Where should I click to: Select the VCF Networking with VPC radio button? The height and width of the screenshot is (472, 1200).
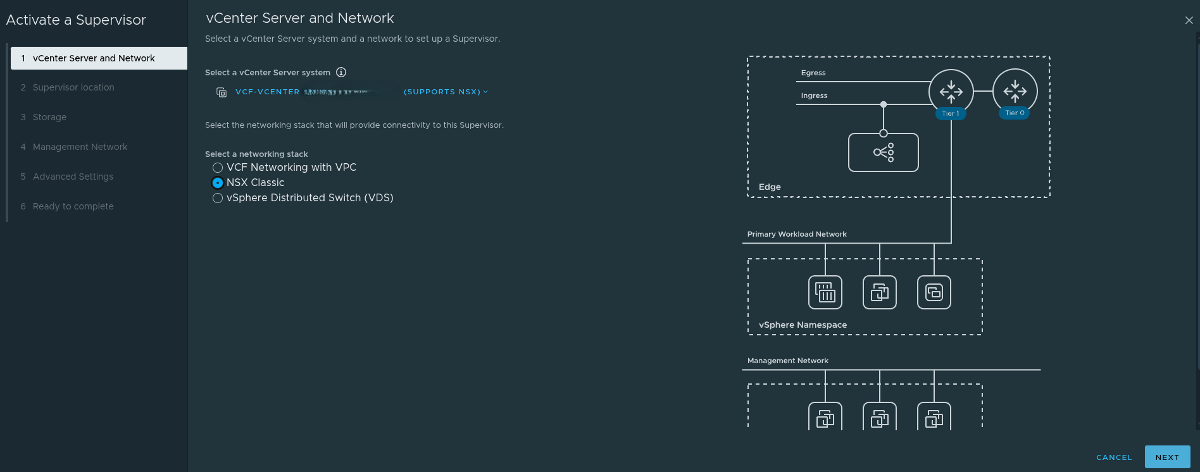tap(218, 168)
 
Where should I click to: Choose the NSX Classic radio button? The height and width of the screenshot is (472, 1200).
tap(218, 183)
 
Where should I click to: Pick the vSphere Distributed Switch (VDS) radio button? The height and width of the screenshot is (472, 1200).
tap(218, 198)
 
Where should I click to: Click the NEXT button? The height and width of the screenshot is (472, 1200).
tap(1167, 457)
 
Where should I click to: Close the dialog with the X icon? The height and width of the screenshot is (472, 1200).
tap(1189, 20)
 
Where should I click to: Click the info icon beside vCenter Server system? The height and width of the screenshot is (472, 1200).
tap(341, 72)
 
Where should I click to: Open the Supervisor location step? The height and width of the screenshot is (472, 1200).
tap(73, 87)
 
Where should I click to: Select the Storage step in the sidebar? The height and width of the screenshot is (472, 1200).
tap(49, 117)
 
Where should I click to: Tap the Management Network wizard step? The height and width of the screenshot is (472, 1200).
tap(80, 147)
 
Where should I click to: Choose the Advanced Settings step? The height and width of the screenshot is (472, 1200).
tap(73, 177)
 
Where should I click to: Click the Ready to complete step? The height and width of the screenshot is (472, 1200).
tap(73, 206)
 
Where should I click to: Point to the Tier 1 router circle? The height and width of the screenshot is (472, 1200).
tap(951, 91)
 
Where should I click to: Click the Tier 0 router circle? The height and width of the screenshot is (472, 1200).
tap(1015, 90)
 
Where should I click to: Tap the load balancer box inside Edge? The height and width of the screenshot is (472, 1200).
tap(883, 152)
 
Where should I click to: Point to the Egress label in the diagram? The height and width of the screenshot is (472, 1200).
tap(813, 73)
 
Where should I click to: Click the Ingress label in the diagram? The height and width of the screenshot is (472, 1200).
tap(814, 96)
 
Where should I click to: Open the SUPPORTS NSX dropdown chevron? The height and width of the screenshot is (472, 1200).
tap(485, 92)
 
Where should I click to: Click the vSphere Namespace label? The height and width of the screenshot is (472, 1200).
tap(803, 325)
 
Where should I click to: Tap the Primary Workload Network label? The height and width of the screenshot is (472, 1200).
tap(797, 234)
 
